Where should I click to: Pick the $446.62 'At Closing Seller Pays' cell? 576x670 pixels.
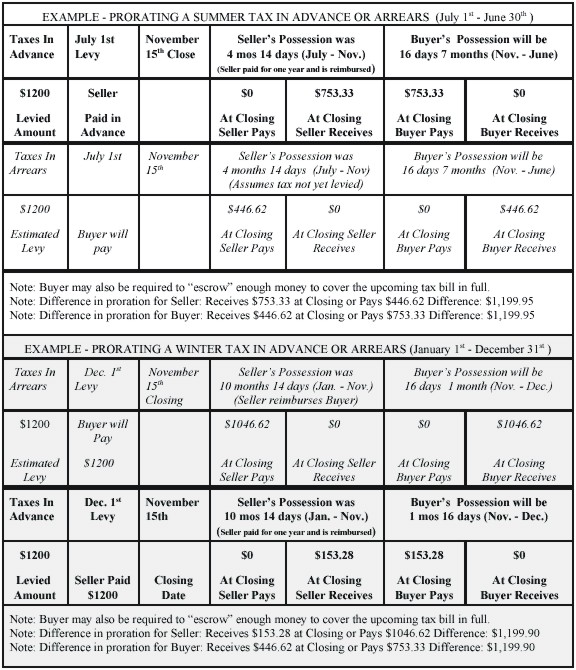[247, 228]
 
